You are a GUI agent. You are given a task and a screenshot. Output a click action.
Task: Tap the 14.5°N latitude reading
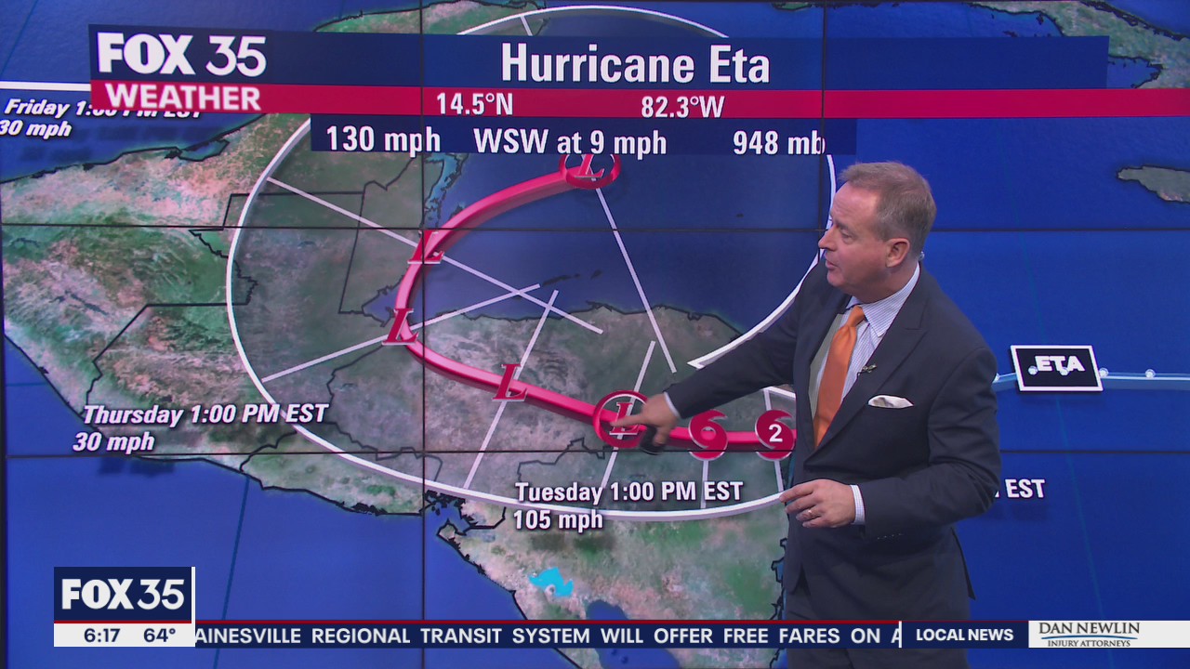(x=474, y=104)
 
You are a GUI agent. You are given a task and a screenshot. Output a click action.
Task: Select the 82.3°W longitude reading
(x=682, y=107)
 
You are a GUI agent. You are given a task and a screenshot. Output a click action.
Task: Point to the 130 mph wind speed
(x=382, y=140)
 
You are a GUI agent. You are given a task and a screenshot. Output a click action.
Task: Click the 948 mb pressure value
(x=778, y=142)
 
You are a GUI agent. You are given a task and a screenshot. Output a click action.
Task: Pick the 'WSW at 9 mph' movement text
(x=570, y=142)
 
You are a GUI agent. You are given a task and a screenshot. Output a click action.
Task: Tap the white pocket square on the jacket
(x=890, y=401)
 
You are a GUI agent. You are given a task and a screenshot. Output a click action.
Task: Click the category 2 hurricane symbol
(x=774, y=433)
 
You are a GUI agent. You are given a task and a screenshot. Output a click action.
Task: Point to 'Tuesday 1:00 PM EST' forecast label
(x=629, y=492)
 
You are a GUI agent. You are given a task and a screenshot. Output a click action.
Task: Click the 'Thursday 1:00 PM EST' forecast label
(x=205, y=414)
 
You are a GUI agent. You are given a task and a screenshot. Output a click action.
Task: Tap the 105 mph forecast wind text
(x=558, y=520)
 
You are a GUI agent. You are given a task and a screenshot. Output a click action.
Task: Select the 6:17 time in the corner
(x=102, y=636)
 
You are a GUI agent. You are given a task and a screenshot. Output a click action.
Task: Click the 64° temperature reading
(x=159, y=636)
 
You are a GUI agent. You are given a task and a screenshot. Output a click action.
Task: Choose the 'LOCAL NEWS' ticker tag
(x=964, y=636)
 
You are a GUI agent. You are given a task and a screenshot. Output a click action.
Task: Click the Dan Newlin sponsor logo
(x=1089, y=634)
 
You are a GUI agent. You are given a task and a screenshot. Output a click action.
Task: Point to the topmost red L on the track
(x=589, y=168)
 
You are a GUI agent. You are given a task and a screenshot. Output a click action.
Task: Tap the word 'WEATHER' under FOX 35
(x=182, y=98)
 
